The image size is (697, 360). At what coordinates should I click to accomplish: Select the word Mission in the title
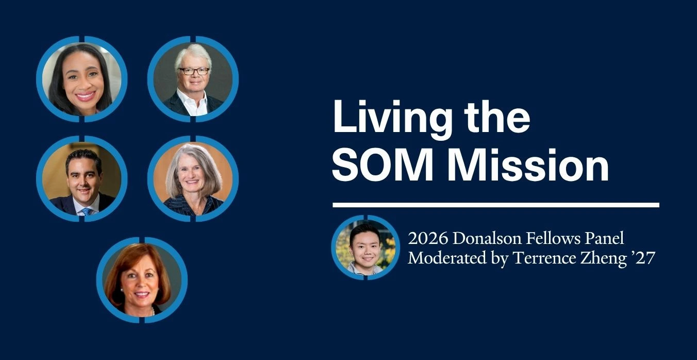pos(528,165)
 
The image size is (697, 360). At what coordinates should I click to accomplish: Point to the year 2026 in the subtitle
pos(428,239)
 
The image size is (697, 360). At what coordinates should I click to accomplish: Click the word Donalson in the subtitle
pos(487,239)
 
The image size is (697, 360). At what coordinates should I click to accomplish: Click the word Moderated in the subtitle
pos(447,258)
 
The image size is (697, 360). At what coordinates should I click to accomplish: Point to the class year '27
pos(643,258)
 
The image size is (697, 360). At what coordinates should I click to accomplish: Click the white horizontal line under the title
pos(495,205)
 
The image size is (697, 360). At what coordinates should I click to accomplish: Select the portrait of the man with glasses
pos(193,79)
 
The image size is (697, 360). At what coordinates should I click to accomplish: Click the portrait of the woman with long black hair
pos(82,79)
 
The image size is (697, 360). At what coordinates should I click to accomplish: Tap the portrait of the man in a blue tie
pos(82,179)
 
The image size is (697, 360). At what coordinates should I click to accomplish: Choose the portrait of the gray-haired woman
pos(193,179)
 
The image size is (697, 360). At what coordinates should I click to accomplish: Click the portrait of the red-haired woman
pos(142,280)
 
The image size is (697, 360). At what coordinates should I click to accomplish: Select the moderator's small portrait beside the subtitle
pos(366,248)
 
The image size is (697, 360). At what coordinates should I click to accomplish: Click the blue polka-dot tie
pos(87,211)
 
